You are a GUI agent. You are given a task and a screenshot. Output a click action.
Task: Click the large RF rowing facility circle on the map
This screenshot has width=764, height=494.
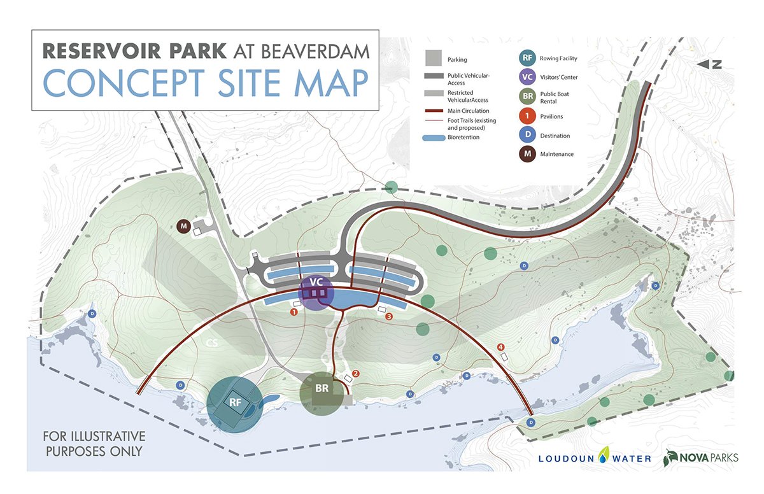234,404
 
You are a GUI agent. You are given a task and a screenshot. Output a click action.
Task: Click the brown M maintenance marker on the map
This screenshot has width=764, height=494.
184,226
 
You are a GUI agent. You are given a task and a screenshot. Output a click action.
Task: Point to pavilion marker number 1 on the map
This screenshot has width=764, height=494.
294,312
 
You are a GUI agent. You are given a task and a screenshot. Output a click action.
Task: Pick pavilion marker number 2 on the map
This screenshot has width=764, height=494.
356,374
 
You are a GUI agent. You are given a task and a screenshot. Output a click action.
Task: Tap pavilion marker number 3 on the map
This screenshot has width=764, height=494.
389,316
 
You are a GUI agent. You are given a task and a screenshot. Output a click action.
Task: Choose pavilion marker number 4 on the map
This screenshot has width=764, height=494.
501,347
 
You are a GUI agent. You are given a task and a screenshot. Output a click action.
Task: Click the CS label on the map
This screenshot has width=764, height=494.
211,343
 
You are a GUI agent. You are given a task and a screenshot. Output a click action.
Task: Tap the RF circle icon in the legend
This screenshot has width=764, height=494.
527,59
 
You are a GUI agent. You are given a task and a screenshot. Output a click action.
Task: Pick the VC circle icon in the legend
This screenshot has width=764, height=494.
527,78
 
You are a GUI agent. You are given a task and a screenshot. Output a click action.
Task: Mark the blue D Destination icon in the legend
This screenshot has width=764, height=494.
527,135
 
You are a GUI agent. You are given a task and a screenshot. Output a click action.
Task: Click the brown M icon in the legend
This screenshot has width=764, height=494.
527,154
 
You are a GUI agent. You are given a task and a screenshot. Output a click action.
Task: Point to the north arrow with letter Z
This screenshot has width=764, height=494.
712,64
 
